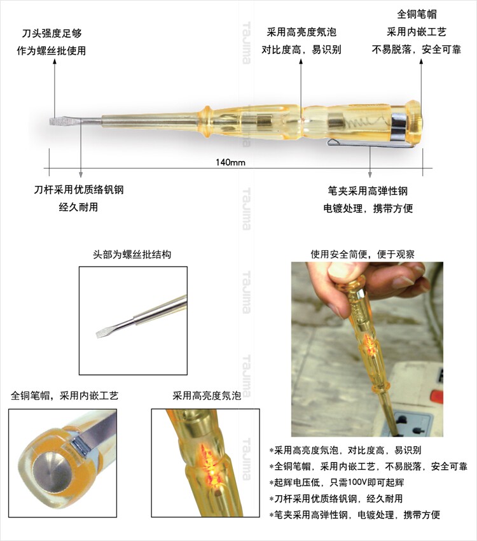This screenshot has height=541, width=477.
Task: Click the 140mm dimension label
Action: click(x=230, y=162)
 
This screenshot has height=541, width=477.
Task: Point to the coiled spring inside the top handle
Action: click(x=365, y=122)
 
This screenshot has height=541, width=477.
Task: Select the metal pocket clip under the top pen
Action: click(x=370, y=144)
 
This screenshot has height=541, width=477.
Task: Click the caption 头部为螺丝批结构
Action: click(x=132, y=255)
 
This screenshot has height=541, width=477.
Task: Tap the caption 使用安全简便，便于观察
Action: click(x=363, y=255)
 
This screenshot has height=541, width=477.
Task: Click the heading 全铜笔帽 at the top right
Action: click(x=417, y=14)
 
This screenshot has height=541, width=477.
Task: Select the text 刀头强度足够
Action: click(x=52, y=34)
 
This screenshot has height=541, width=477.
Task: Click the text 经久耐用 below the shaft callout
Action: click(x=78, y=207)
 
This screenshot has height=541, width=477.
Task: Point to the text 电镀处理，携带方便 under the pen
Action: click(x=368, y=208)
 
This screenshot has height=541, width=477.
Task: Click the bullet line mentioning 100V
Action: click(x=336, y=482)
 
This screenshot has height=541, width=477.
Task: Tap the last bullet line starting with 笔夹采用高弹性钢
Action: click(x=355, y=515)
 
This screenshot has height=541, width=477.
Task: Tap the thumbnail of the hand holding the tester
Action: click(x=367, y=349)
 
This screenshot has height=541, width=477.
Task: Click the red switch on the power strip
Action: click(x=436, y=397)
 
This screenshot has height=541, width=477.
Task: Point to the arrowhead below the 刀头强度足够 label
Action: click(x=55, y=62)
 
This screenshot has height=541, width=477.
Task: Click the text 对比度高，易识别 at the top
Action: click(x=301, y=50)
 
